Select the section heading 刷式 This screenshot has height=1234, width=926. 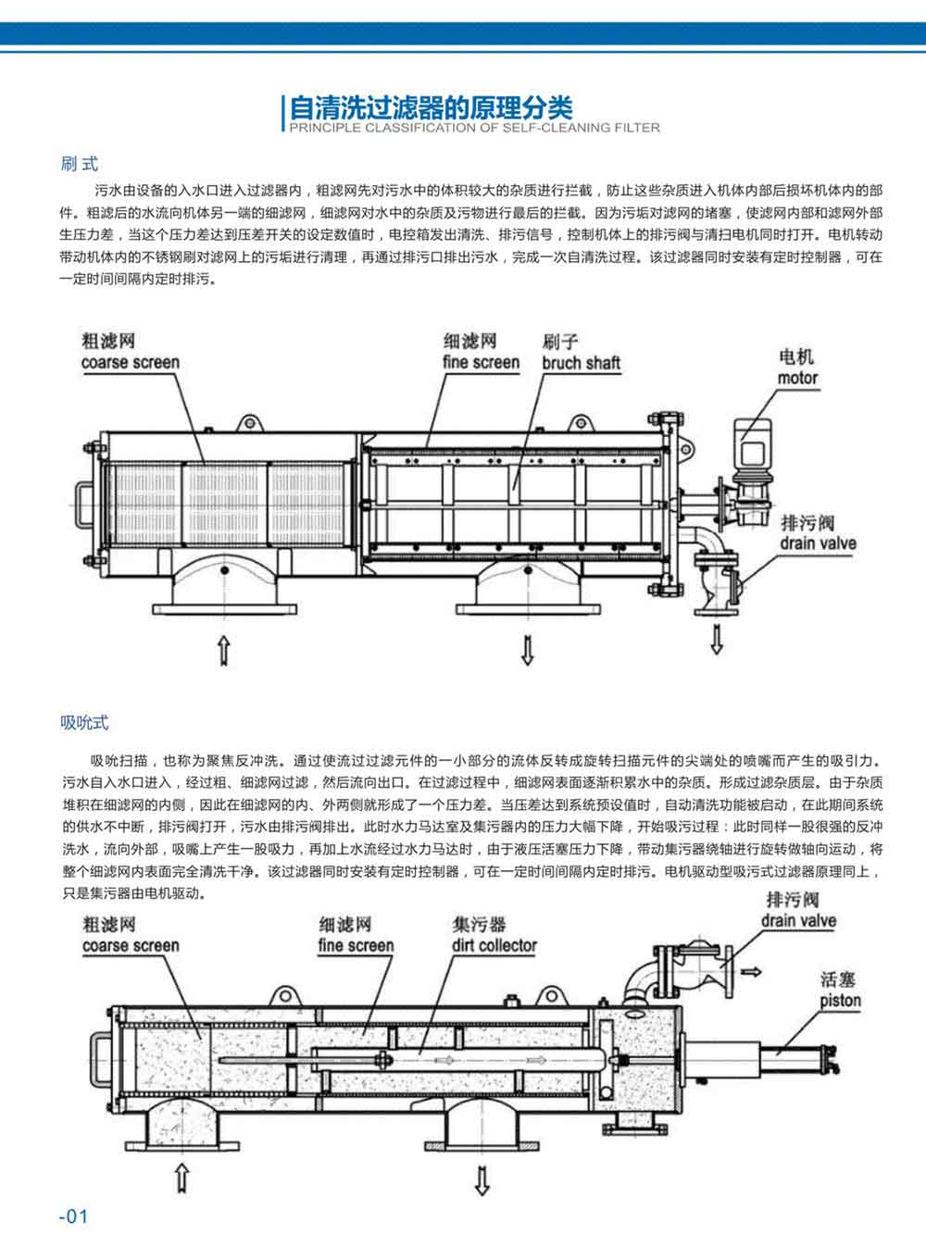click(x=79, y=164)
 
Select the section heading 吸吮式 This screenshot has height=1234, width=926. click(x=84, y=722)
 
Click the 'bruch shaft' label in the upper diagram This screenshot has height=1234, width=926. click(x=581, y=363)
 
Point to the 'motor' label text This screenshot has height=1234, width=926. click(x=797, y=378)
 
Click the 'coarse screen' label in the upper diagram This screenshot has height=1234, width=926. click(x=130, y=362)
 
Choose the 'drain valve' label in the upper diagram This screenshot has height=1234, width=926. click(x=818, y=543)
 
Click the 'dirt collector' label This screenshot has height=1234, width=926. click(x=494, y=945)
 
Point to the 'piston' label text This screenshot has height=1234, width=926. click(x=840, y=1001)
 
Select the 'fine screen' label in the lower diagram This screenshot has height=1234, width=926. click(x=356, y=945)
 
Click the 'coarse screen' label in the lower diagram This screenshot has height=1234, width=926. click(x=131, y=945)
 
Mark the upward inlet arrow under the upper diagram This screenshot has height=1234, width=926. click(x=223, y=650)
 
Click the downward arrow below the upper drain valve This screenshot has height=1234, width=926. click(x=716, y=639)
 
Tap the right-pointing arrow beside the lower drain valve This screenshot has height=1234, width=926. click(x=752, y=972)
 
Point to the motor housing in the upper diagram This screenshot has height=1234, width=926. click(x=753, y=442)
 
